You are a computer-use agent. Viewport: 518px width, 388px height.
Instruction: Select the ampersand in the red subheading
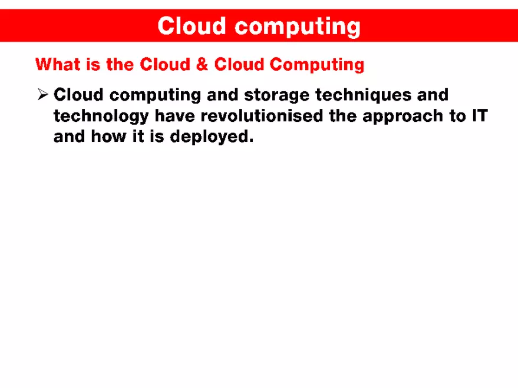tap(202, 64)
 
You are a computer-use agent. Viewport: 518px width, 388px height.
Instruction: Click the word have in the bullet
tap(174, 115)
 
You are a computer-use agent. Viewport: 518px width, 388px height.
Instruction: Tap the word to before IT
tap(457, 116)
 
